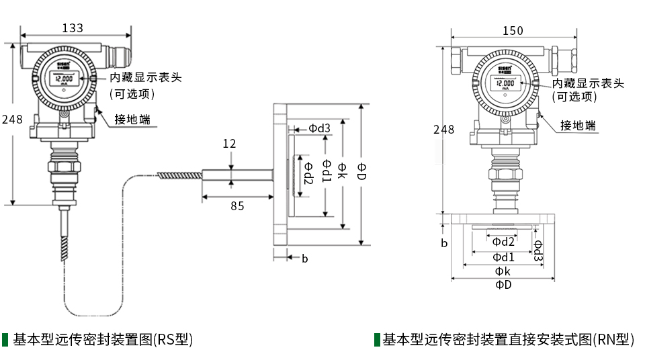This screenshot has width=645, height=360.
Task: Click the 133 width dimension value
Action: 73,28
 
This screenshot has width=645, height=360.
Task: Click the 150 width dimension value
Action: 513,31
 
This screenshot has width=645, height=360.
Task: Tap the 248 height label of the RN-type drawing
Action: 443,130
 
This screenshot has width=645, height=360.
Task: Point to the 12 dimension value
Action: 230,143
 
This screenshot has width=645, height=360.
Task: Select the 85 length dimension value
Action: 237,206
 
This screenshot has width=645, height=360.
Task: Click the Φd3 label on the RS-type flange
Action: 319,128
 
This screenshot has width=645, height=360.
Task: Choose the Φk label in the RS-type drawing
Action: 343,169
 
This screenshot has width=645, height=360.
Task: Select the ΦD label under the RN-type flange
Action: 503,285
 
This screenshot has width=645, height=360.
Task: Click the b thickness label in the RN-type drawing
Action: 444,243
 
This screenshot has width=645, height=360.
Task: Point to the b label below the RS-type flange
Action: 304,258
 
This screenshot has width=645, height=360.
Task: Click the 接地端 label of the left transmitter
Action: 132,120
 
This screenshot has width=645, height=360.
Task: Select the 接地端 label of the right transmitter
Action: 578,126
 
